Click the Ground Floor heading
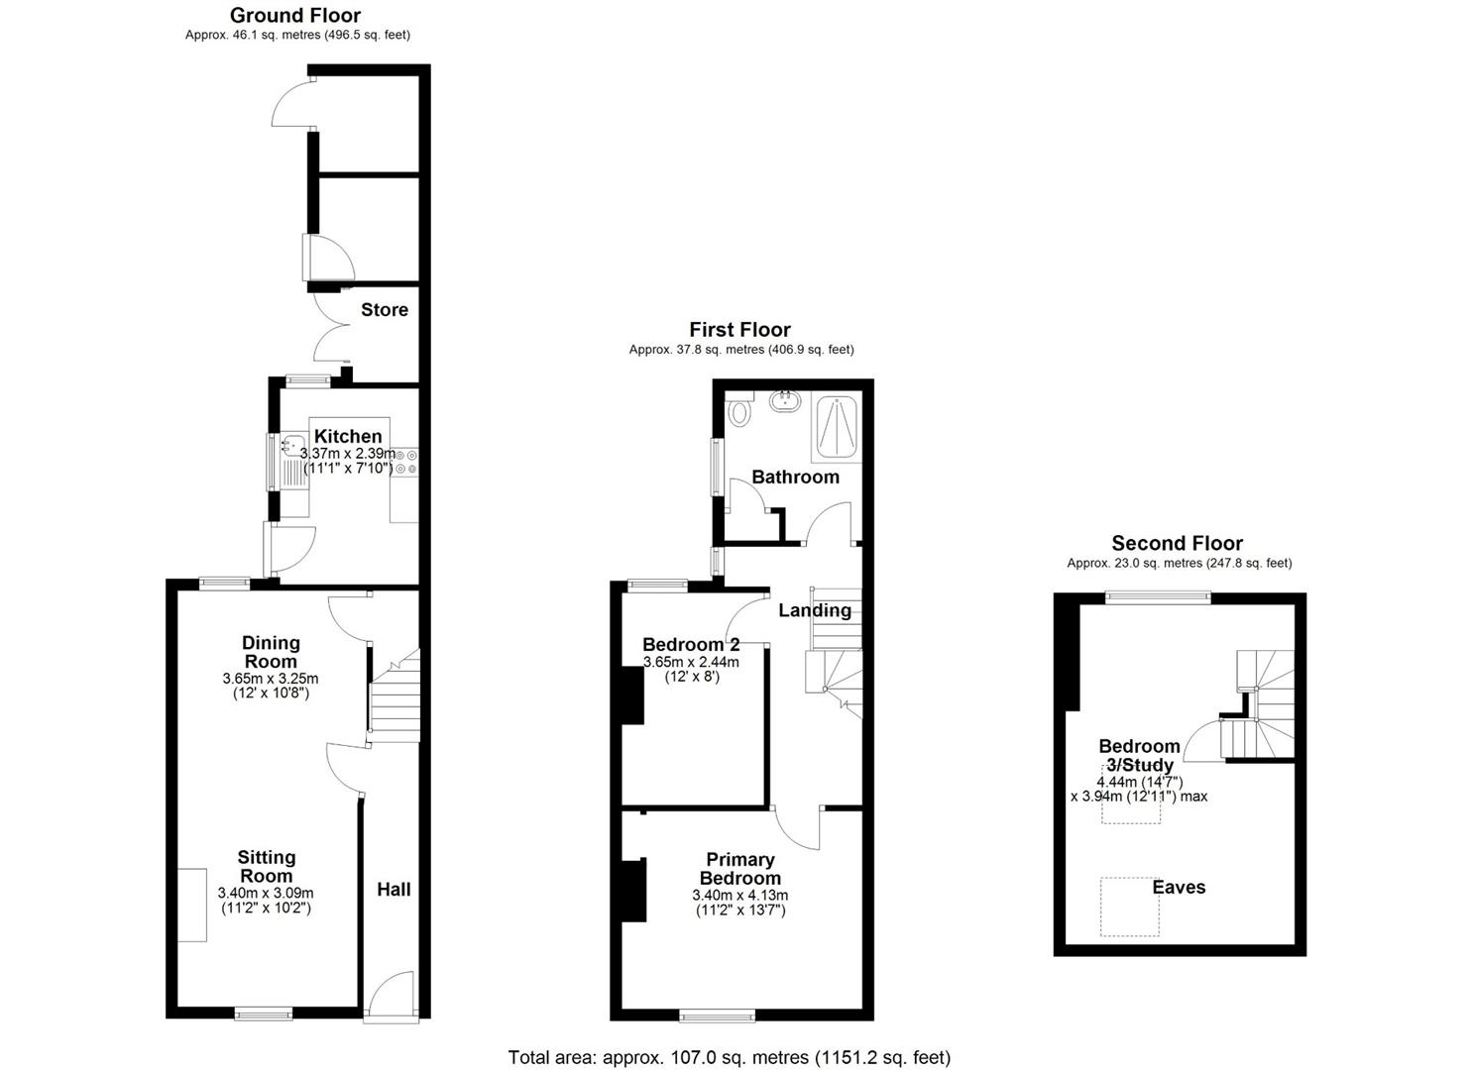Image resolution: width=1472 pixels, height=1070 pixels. pos(295,15)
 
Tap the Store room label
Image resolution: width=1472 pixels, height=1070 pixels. pos(385,309)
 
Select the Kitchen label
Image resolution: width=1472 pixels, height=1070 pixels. pos(348,436)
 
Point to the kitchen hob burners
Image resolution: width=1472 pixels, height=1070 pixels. pos(405,461)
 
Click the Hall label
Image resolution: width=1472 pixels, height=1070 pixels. pos(394,890)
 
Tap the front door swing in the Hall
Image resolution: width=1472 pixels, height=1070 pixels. pos(392,996)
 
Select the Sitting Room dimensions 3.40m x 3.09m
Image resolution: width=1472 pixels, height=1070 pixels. pos(266,894)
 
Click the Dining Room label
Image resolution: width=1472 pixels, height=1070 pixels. pos(271,652)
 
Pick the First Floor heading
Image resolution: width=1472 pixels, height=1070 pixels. pos(739,329)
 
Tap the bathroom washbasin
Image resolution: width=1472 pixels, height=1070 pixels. pos(785,400)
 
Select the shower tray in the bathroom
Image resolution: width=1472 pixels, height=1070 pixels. pos(837,426)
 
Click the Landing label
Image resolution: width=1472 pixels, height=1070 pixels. pos(815,610)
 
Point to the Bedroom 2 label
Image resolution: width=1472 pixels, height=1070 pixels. pos(691,644)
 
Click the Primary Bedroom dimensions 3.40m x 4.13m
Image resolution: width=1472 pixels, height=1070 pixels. pos(739,896)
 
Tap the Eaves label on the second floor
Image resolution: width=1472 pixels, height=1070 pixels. pos(1179,888)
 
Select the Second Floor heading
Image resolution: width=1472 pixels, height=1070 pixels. pos(1178,543)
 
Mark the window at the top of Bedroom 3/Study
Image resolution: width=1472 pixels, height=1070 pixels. pos(1158,597)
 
